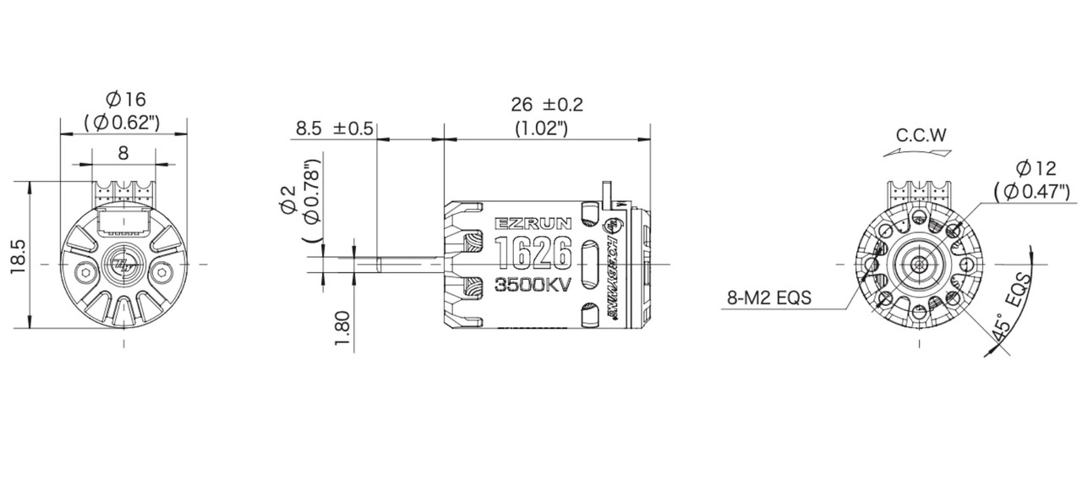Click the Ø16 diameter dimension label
[123, 100]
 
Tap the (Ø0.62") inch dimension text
[123, 123]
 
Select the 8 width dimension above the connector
[123, 153]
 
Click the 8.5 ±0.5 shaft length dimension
[334, 128]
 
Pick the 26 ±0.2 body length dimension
[547, 105]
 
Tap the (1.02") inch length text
[541, 128]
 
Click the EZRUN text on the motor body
[533, 224]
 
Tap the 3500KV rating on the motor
[533, 284]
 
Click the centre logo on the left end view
[123, 265]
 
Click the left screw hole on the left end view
[87, 271]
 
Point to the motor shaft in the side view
[397, 264]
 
